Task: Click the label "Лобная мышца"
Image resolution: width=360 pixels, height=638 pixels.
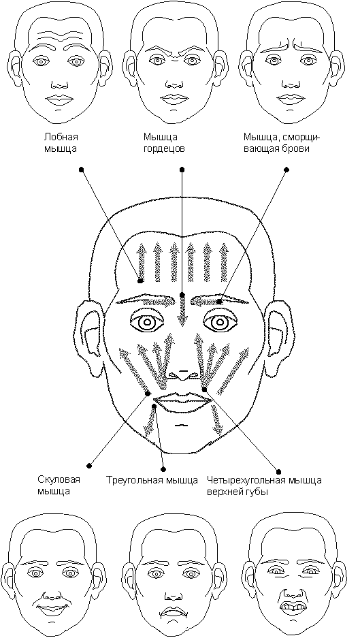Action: [61, 142]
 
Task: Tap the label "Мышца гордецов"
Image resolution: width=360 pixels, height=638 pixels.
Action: [164, 142]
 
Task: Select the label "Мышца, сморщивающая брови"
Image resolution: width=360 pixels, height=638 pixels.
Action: [282, 142]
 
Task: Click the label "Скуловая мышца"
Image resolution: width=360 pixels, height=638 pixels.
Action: [59, 485]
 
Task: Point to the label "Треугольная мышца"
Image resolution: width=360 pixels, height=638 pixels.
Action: [152, 480]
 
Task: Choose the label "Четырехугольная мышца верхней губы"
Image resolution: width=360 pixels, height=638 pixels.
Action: [264, 485]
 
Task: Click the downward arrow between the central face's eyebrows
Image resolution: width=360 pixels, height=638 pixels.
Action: [182, 311]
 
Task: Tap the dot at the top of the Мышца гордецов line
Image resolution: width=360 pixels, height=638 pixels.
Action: [182, 169]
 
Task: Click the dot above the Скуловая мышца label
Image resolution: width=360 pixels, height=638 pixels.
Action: [90, 466]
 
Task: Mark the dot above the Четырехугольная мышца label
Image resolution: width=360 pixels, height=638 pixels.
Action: [278, 472]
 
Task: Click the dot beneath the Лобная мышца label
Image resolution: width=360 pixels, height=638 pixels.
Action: [82, 169]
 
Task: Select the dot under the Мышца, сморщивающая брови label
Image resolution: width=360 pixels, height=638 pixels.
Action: [287, 170]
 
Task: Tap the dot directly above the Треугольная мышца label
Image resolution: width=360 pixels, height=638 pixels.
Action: [164, 468]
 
